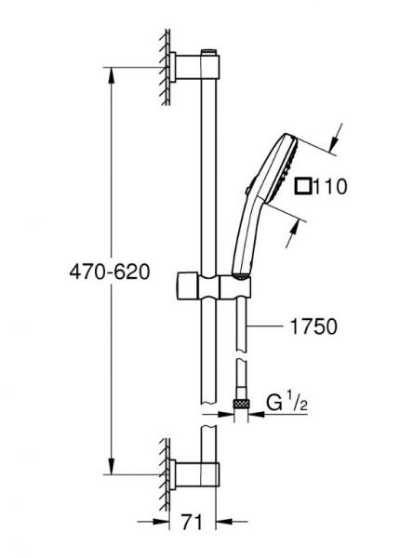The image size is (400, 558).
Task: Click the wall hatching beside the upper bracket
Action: pos(162,66)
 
